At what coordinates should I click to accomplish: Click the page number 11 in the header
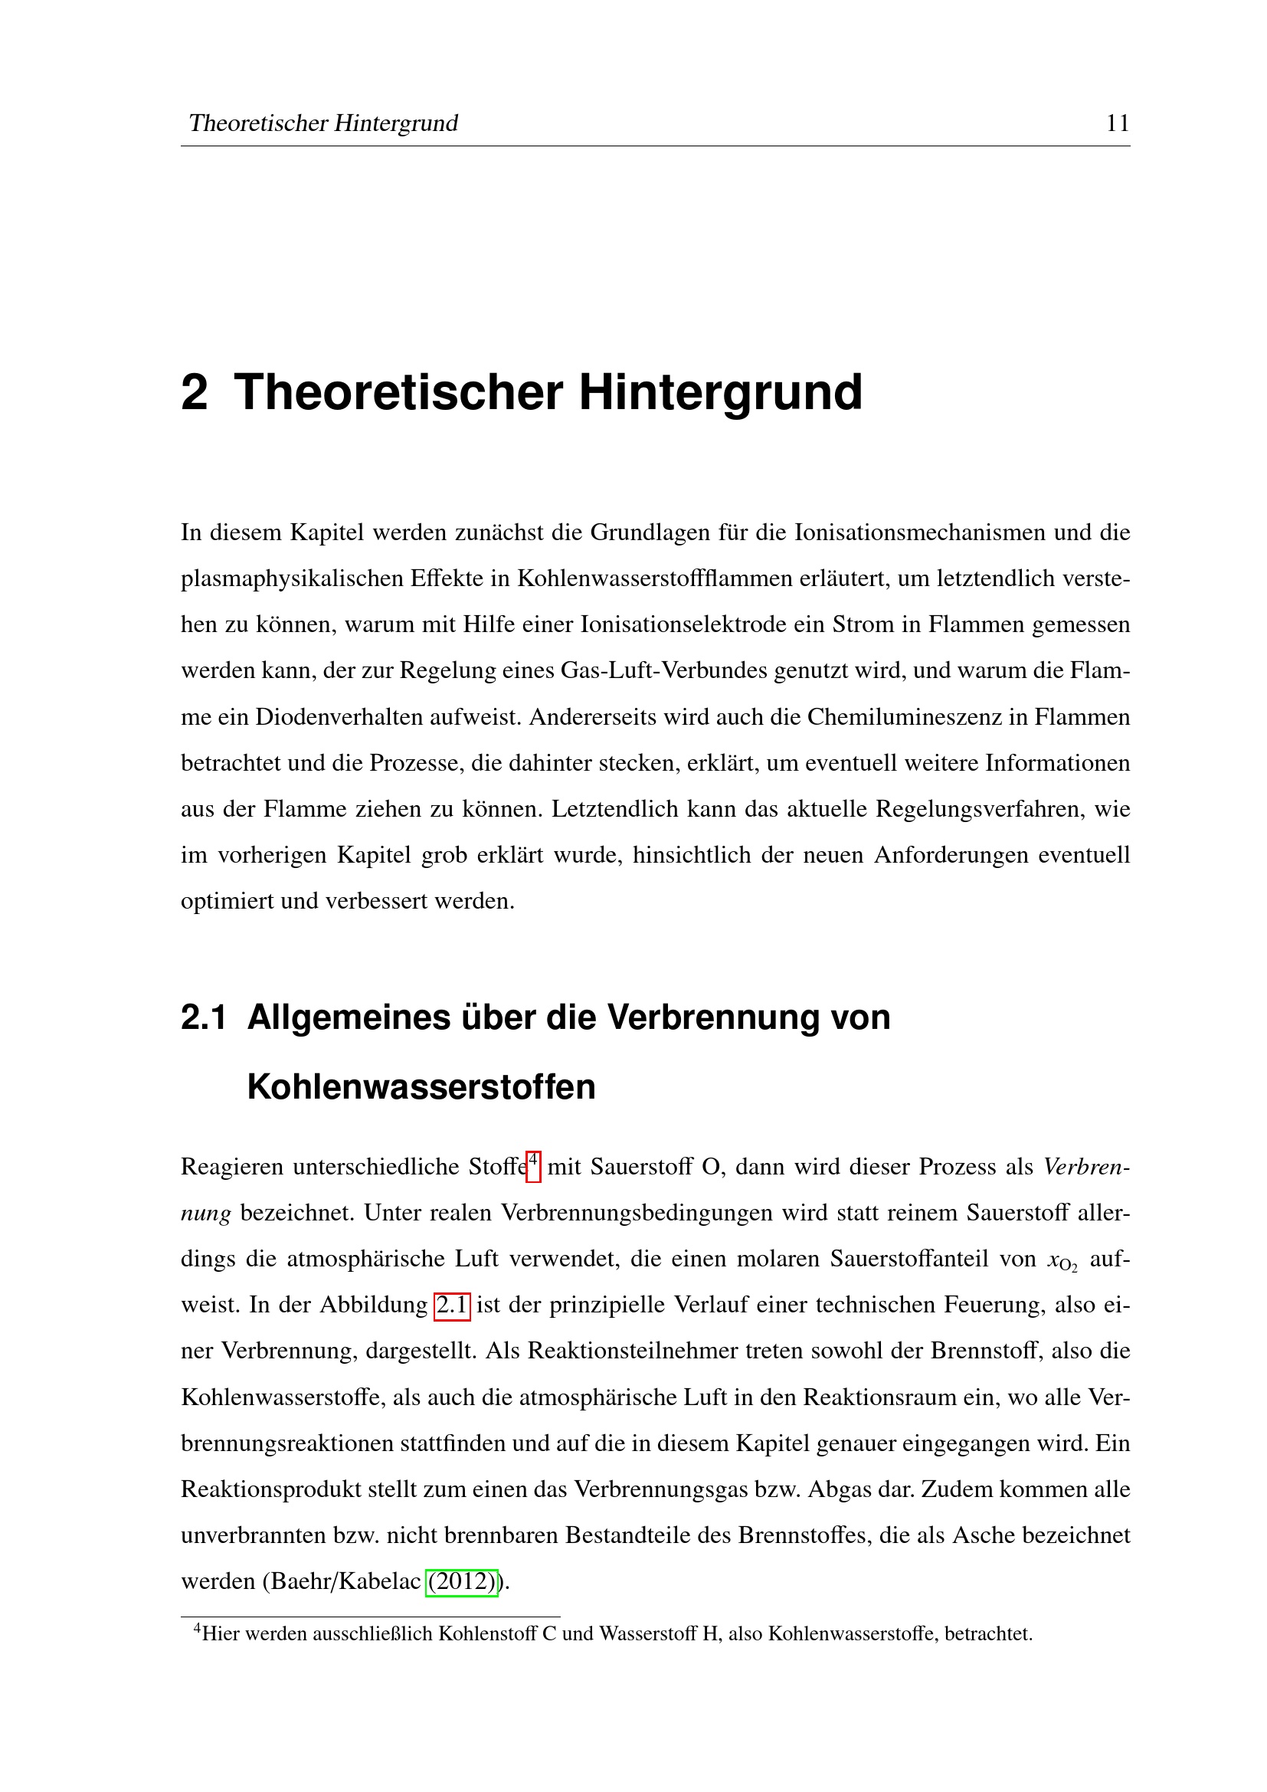[x=1117, y=123]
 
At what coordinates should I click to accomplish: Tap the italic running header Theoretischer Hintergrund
[x=323, y=123]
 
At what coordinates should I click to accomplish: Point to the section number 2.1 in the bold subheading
[x=204, y=1017]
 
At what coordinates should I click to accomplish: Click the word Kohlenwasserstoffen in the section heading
[x=421, y=1086]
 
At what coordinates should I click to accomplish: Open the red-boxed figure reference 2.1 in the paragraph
[x=452, y=1305]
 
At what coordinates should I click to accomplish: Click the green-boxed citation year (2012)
[x=462, y=1581]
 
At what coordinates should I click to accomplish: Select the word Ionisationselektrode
[x=683, y=624]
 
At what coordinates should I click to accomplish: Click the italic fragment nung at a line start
[x=206, y=1214]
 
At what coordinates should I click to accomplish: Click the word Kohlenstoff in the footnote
[x=489, y=1633]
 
